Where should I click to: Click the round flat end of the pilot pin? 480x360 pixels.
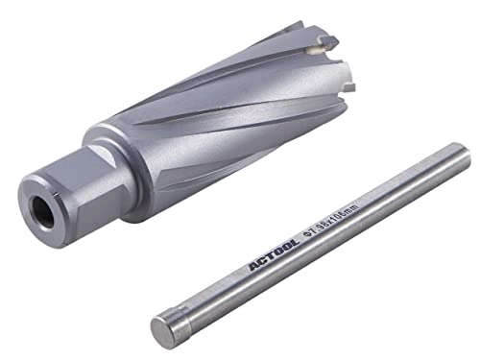click(164, 325)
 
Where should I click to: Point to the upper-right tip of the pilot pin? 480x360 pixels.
click(465, 151)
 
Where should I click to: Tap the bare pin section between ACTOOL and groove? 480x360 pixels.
click(216, 284)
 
